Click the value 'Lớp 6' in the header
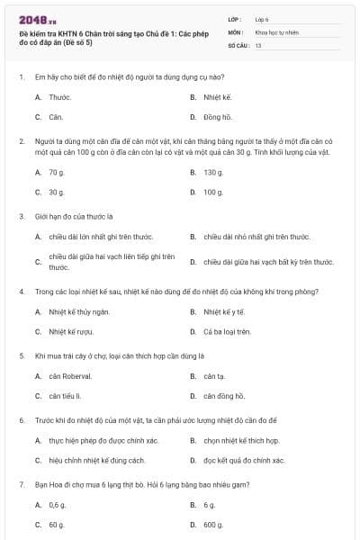[261, 18]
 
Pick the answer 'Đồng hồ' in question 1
[217, 117]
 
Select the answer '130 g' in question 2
[213, 172]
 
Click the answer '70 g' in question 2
[57, 172]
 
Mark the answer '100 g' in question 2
[213, 193]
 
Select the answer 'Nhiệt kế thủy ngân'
[79, 311]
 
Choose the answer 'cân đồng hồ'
[224, 396]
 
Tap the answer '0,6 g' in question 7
[58, 504]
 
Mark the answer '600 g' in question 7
[213, 525]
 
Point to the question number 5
[21, 355]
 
